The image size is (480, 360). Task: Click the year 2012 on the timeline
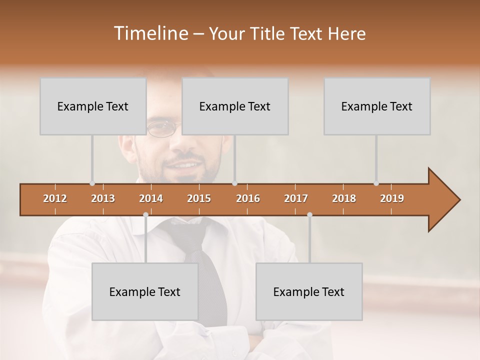click(55, 198)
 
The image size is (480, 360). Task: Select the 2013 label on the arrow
click(103, 198)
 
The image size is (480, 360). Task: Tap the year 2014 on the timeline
click(151, 198)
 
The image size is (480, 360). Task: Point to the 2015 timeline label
click(199, 198)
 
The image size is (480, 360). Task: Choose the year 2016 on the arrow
click(248, 198)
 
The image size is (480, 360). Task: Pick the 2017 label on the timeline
click(296, 198)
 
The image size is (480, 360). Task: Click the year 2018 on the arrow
click(344, 198)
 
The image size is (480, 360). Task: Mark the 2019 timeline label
click(392, 198)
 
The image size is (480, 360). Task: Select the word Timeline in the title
click(150, 33)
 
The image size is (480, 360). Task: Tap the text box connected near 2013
click(93, 106)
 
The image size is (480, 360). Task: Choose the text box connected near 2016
click(235, 106)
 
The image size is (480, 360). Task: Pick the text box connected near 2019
click(377, 106)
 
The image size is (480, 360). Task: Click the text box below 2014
click(145, 291)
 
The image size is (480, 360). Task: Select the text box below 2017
click(309, 291)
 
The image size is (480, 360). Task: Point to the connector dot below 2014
click(145, 215)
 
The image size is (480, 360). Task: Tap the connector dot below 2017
click(309, 215)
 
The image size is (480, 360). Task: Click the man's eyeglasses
click(162, 128)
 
